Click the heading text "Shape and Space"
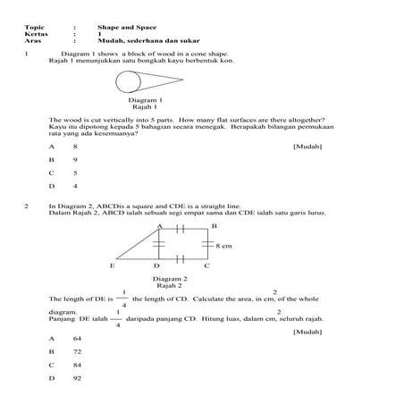click(122, 27)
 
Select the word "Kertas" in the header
click(36, 34)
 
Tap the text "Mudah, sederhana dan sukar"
click(149, 41)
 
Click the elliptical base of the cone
click(129, 86)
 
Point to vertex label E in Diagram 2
click(113, 266)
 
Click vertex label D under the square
click(156, 266)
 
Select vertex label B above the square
click(213, 226)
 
